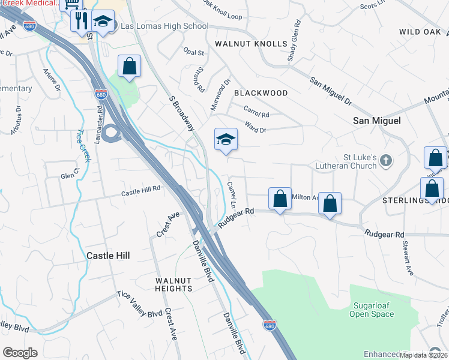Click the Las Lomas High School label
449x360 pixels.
164,26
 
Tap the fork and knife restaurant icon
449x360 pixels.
80,20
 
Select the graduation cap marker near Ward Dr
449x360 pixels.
226,140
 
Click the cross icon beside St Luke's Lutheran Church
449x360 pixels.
385,161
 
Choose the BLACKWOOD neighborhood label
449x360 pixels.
261,93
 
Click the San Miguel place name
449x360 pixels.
376,121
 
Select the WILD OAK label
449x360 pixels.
420,31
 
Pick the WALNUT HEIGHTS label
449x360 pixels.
173,284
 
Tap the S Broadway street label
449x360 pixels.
181,112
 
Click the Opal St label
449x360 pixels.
194,53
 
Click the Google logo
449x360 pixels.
20,353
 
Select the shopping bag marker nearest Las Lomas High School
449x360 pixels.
129,67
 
